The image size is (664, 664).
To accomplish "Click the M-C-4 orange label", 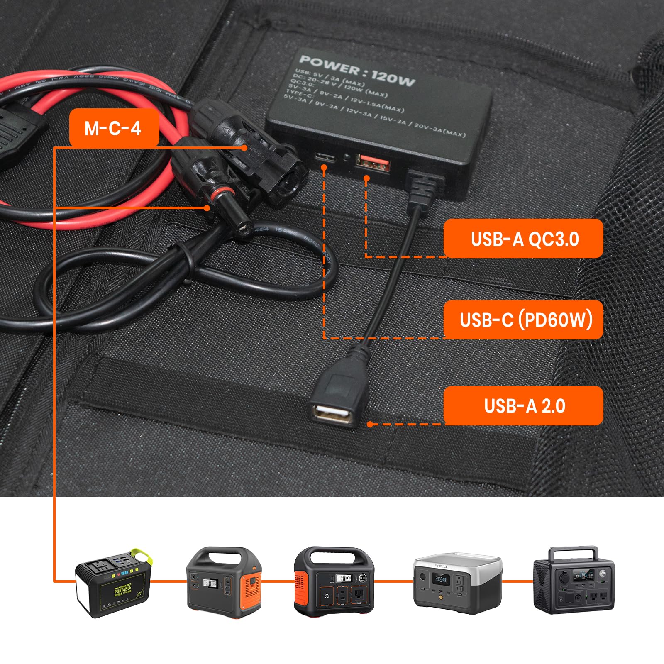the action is click(114, 128).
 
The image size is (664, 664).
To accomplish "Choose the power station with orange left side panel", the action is click(334, 581).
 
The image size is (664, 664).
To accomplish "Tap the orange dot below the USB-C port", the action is click(324, 167).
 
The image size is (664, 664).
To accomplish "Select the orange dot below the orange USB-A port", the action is click(366, 178).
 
